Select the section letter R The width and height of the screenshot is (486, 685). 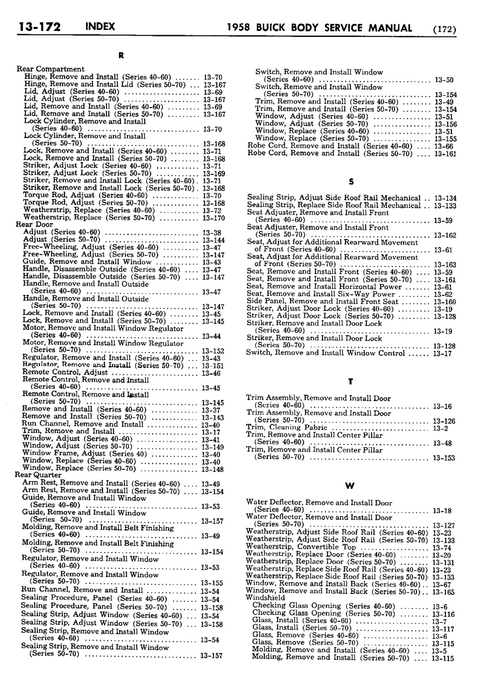tap(121, 56)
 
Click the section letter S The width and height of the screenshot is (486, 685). tap(351, 181)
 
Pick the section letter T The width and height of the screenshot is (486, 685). tap(350, 382)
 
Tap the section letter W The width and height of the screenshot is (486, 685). tap(350, 486)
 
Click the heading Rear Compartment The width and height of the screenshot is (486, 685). tap(51, 69)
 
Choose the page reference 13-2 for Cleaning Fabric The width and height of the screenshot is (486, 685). tap(438, 428)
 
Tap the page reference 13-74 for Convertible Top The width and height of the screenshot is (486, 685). tap(441, 548)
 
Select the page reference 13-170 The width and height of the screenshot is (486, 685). tap(213, 218)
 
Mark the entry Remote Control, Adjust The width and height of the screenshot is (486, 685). tap(65, 372)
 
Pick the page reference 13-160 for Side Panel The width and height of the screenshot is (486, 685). tap(444, 302)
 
